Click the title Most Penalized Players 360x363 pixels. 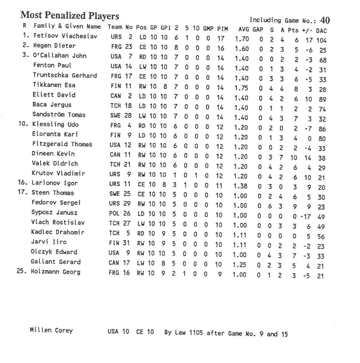pos(70,15)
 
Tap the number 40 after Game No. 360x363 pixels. pos(325,20)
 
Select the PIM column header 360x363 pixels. pos(222,29)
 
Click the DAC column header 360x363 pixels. pos(321,31)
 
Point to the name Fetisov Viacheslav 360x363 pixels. pos(66,36)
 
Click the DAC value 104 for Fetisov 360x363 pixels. pos(321,40)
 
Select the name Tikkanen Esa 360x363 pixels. pos(54,85)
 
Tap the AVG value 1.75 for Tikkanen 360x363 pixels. pos(241,88)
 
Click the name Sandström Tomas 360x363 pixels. pos(59,114)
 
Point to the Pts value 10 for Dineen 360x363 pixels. pos(294,158)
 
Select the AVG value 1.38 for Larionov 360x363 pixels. pos(240,186)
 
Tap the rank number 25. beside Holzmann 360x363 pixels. pos(22,271)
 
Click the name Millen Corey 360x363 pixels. pos(51,330)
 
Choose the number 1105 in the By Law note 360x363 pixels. pos(196,333)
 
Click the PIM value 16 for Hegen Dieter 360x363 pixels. pos(221,48)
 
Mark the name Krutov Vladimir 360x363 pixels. pos(58,173)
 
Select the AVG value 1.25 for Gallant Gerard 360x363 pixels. pos(239,265)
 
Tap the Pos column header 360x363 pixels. pos(141,27)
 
